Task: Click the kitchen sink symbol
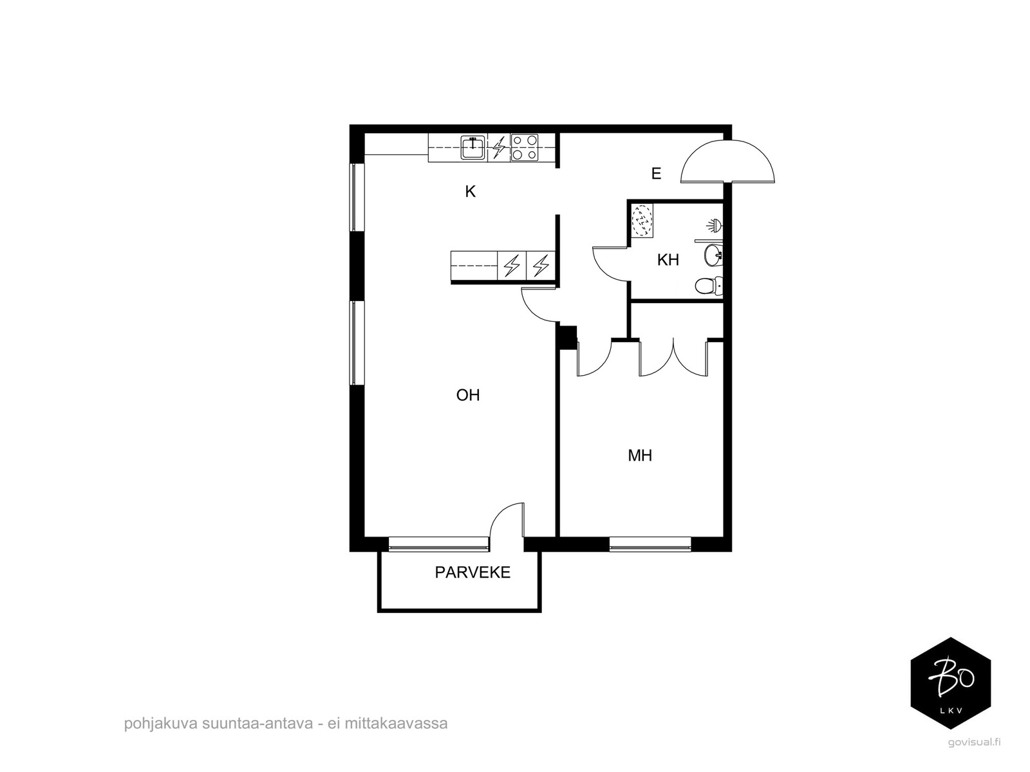pyautogui.click(x=473, y=147)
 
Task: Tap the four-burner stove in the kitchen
pyautogui.click(x=524, y=147)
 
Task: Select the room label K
pyautogui.click(x=470, y=191)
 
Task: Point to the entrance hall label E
pyautogui.click(x=656, y=174)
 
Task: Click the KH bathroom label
pyautogui.click(x=668, y=260)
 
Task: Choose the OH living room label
pyautogui.click(x=468, y=395)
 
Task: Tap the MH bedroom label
pyautogui.click(x=640, y=455)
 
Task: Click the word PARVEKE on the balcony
pyautogui.click(x=473, y=573)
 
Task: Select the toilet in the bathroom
pyautogui.click(x=709, y=286)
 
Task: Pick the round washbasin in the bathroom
pyautogui.click(x=713, y=255)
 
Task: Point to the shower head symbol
pyautogui.click(x=715, y=225)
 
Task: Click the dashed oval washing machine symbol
pyautogui.click(x=641, y=221)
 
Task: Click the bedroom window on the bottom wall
pyautogui.click(x=650, y=544)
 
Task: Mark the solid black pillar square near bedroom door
pyautogui.click(x=567, y=338)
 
